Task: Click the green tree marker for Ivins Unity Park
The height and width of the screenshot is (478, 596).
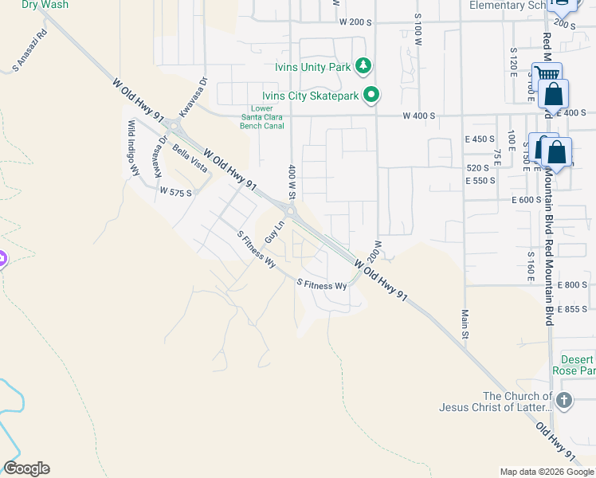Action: pyautogui.click(x=364, y=66)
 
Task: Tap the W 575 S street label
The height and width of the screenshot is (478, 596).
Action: pyautogui.click(x=175, y=192)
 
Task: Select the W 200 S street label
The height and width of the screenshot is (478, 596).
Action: pyautogui.click(x=355, y=22)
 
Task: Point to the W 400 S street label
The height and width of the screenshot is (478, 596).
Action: pyautogui.click(x=418, y=116)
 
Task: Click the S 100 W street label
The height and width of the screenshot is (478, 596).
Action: pyautogui.click(x=418, y=29)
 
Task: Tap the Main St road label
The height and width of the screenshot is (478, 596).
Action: pyautogui.click(x=463, y=323)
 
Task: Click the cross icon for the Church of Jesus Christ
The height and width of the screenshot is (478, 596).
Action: pyautogui.click(x=563, y=401)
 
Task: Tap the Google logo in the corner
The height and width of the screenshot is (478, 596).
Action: pyautogui.click(x=26, y=468)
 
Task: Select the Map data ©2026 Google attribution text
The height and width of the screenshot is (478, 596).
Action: pyautogui.click(x=546, y=472)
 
